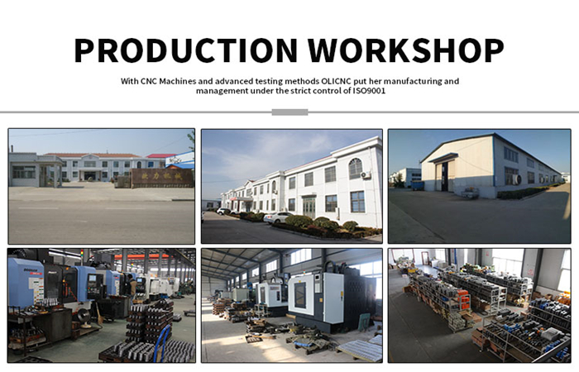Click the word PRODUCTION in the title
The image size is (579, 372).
(x=186, y=50)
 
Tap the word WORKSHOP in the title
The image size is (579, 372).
(x=406, y=50)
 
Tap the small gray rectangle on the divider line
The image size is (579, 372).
(x=289, y=112)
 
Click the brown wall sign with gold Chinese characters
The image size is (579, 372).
(x=162, y=178)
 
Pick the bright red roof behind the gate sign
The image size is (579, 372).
(x=161, y=155)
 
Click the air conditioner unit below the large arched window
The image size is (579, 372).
(x=366, y=175)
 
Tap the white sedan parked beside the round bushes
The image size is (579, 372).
(x=278, y=217)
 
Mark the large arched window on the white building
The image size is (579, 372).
(x=355, y=169)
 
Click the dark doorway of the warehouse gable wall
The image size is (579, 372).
(x=444, y=176)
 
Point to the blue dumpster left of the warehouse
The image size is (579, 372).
(x=418, y=185)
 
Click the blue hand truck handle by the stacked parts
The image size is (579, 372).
(x=160, y=341)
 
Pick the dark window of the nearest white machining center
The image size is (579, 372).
(x=299, y=295)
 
